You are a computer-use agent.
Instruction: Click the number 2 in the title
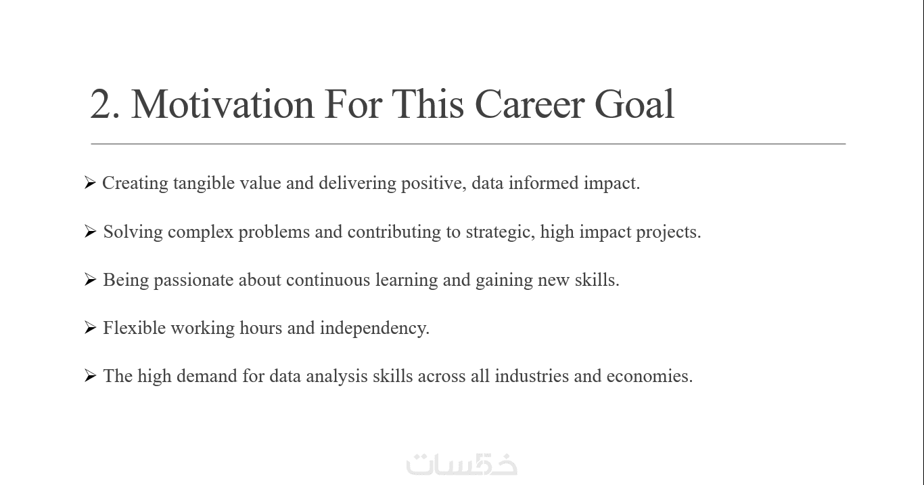pos(102,104)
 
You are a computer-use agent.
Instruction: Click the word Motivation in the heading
pos(223,104)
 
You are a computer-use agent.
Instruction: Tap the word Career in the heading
pos(529,104)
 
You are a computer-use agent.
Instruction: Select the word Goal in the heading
pos(634,104)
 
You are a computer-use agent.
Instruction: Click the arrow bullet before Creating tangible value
pos(90,182)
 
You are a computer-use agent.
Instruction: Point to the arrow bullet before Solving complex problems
pos(90,231)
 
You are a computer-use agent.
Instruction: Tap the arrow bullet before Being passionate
pos(90,279)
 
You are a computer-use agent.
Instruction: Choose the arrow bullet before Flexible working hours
pos(90,327)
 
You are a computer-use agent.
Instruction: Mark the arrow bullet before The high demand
pos(90,375)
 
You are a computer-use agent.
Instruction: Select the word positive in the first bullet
pos(434,184)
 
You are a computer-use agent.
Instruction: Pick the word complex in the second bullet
pos(201,232)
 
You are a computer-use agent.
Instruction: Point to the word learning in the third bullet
pos(407,280)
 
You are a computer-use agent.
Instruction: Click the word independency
pos(375,329)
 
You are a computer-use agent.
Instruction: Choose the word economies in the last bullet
pos(649,376)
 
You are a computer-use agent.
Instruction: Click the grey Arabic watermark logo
pos(461,465)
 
